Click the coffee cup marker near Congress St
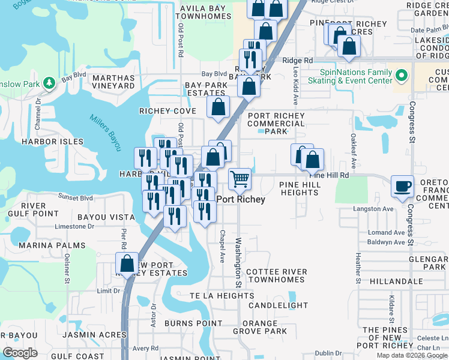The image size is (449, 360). [x=402, y=185]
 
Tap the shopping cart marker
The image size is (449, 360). [x=240, y=178]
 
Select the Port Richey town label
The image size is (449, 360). [x=241, y=199]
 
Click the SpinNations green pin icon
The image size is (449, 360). [x=402, y=76]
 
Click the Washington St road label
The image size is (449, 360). [x=238, y=262]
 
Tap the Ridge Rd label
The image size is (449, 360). [x=298, y=61]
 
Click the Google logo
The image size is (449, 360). [x=20, y=353]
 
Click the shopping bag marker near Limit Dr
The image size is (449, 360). [x=127, y=263]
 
